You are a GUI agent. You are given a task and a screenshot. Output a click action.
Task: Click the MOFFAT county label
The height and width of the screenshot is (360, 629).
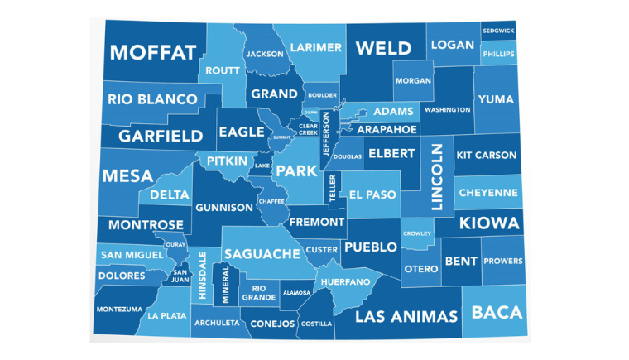tap(153, 53)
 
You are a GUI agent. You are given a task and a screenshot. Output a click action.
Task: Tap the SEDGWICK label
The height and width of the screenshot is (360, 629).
tap(499, 31)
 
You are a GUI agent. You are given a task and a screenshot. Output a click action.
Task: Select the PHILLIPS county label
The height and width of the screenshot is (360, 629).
tap(499, 55)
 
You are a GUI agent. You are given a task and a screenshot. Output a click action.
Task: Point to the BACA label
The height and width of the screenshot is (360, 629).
tap(497, 313)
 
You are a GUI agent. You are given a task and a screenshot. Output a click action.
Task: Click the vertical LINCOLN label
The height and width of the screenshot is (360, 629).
tap(438, 176)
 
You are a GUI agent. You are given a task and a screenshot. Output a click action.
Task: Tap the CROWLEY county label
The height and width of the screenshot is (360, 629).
tap(417, 233)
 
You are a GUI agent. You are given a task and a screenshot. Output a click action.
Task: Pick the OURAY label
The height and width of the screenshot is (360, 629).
tap(175, 245)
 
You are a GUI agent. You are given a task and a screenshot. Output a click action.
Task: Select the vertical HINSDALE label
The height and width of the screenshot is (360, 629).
tap(203, 276)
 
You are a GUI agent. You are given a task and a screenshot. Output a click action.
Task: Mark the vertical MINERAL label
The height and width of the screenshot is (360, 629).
tap(225, 285)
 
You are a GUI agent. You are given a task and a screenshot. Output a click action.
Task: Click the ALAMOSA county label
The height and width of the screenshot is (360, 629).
tap(296, 293)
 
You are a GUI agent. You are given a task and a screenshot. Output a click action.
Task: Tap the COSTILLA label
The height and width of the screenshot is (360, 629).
tap(316, 324)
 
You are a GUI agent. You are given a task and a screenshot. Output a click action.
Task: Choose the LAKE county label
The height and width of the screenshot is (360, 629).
tap(262, 166)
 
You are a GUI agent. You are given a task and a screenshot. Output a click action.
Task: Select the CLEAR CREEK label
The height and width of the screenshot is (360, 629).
tap(308, 129)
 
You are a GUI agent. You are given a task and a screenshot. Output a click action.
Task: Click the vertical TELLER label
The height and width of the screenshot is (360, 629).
tap(333, 189)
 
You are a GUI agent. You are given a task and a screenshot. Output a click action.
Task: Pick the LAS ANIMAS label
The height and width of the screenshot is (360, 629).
tap(406, 317)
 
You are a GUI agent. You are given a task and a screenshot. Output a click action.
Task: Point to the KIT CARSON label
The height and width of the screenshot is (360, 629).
tap(487, 156)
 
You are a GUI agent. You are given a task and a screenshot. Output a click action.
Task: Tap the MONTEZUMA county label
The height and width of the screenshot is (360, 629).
tap(119, 310)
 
